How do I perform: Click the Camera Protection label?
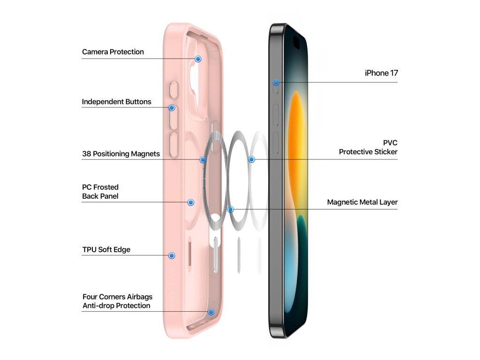click(113, 52)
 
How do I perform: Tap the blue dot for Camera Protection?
click(198, 59)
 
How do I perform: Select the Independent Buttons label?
click(116, 102)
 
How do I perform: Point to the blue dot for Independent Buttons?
click(172, 108)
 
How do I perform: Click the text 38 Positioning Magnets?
click(121, 154)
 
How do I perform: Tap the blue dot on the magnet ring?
click(203, 160)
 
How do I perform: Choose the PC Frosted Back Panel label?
click(100, 192)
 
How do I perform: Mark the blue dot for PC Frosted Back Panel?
click(191, 202)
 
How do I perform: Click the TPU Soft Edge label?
click(106, 249)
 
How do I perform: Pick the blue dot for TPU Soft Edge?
click(172, 255)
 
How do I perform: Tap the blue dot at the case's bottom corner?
click(211, 312)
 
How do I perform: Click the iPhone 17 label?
click(381, 73)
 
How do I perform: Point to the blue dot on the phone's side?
click(276, 82)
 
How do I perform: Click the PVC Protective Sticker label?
click(368, 147)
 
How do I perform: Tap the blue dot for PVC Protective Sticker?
click(252, 159)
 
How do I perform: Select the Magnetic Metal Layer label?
click(362, 202)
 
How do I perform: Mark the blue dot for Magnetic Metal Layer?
click(231, 209)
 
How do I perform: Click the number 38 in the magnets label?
click(87, 154)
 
